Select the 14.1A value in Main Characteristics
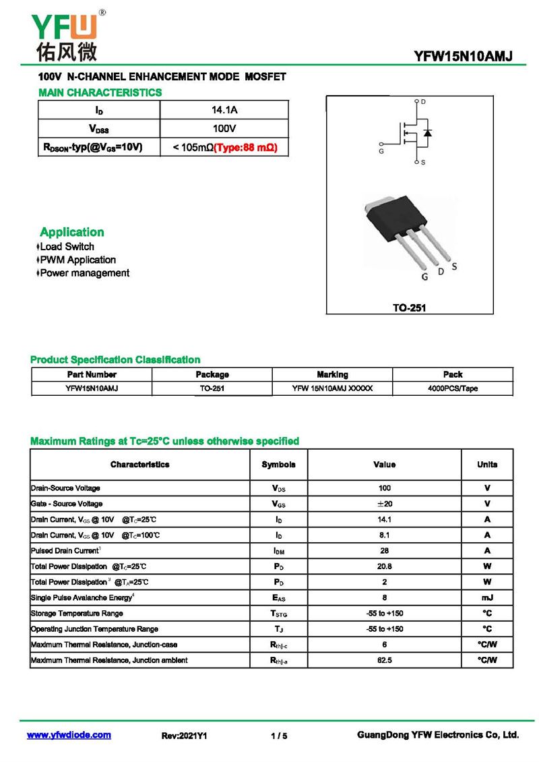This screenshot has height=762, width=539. (224, 109)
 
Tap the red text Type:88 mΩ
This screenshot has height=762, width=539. (245, 146)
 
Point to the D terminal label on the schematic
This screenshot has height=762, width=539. (423, 102)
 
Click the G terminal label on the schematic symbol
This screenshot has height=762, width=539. (381, 152)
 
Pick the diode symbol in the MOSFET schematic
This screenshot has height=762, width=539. (427, 132)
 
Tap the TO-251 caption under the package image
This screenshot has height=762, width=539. (410, 307)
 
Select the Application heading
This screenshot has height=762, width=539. (72, 232)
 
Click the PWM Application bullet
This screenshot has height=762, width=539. (77, 260)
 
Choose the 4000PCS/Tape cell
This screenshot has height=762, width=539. (453, 388)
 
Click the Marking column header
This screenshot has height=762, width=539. (332, 374)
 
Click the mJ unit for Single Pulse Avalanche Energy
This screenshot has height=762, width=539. (487, 597)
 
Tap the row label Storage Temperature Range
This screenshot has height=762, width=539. (77, 613)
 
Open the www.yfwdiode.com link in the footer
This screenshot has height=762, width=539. (69, 735)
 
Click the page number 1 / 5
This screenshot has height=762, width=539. (279, 736)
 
